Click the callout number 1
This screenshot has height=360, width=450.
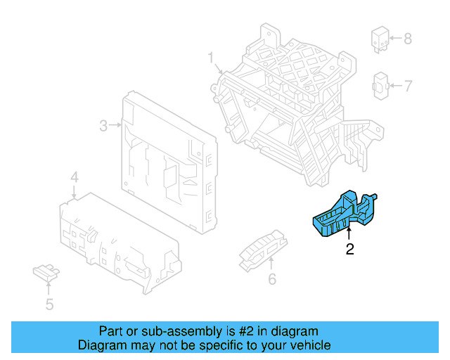[210, 56]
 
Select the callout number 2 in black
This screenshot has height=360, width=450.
[349, 248]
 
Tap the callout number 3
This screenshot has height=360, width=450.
[103, 126]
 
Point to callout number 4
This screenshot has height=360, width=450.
[75, 176]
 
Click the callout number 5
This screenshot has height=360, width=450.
[49, 304]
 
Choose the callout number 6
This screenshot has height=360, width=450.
[271, 280]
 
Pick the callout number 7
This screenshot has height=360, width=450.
[409, 86]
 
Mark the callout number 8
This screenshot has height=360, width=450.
[409, 38]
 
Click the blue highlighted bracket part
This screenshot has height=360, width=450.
[345, 215]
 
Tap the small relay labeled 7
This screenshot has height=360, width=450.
[380, 86]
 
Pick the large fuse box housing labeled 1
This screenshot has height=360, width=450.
[295, 105]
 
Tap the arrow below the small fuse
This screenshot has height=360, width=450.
[49, 285]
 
